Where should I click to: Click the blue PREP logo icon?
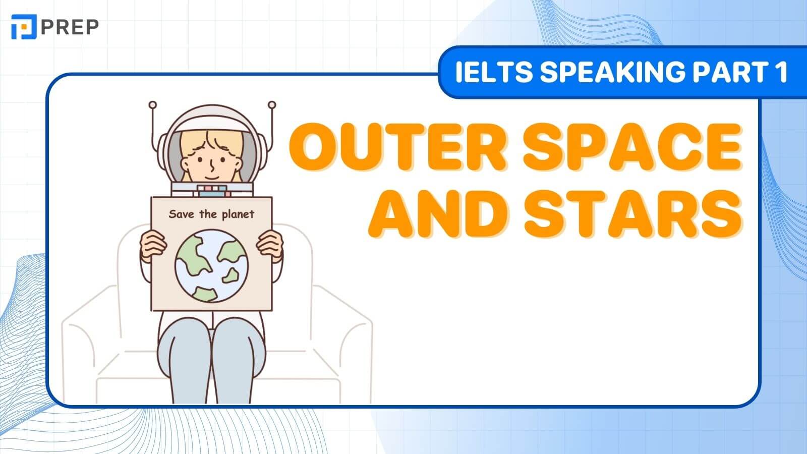coord(24,27)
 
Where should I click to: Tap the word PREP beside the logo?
coord(70,27)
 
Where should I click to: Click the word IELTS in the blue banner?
coord(494,72)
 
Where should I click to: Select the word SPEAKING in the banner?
coord(613,72)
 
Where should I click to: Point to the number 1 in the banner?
coord(780,72)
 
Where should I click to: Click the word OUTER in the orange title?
coord(398,147)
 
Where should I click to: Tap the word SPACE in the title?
coord(632,147)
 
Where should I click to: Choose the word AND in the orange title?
coord(438,214)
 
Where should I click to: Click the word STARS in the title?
coord(632,214)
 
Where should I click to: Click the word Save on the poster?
coord(181,214)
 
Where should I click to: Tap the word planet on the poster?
coord(238,214)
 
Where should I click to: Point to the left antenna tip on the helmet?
coord(153,105)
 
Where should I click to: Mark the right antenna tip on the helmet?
coord(272,105)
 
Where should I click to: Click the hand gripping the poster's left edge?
coord(153,245)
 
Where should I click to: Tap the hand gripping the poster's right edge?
coord(270,245)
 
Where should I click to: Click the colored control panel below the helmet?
coord(212,191)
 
